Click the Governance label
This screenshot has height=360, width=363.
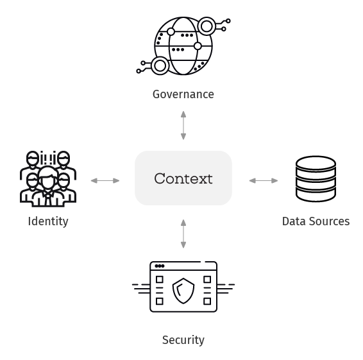click(x=183, y=94)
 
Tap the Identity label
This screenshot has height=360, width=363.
click(x=48, y=221)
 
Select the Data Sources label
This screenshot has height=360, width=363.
click(x=316, y=221)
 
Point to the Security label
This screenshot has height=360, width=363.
click(x=183, y=340)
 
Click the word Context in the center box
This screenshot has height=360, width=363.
click(x=183, y=178)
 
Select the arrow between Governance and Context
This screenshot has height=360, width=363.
click(x=183, y=125)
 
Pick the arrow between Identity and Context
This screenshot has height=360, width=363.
click(x=105, y=181)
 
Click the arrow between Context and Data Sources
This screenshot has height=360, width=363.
click(x=264, y=181)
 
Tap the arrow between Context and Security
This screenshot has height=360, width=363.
click(x=183, y=234)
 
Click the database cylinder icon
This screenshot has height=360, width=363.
click(x=316, y=178)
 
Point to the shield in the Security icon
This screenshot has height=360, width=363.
click(x=183, y=291)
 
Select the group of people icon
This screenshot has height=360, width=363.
click(x=48, y=178)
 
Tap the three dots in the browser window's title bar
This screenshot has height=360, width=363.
click(x=160, y=266)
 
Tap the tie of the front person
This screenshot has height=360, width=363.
click(x=48, y=199)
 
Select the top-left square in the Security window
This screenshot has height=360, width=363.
click(x=160, y=280)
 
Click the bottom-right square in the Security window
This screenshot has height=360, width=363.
click(x=207, y=302)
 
